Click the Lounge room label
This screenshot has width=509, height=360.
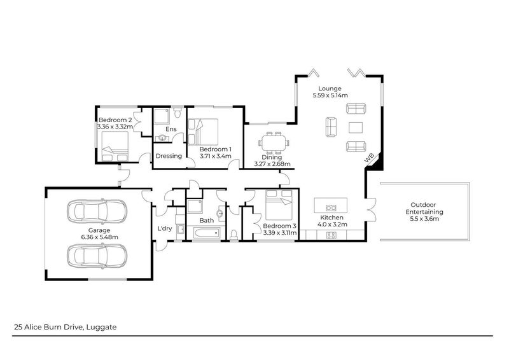[330, 88]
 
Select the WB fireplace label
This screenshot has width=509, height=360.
[368, 160]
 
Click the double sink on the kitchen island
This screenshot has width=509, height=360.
[331, 207]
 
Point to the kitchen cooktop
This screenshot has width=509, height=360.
[331, 235]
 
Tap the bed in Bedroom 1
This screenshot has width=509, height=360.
[206, 131]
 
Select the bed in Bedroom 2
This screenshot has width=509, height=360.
[114, 144]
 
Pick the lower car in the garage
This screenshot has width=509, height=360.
[99, 255]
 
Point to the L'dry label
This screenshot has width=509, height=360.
[164, 228]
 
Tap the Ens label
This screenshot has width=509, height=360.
[171, 130]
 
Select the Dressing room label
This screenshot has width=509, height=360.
[169, 156]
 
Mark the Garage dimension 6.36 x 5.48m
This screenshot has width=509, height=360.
[99, 237]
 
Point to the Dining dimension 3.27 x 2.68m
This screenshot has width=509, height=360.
[272, 164]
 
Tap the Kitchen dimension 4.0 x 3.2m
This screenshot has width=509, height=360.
[331, 224]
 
